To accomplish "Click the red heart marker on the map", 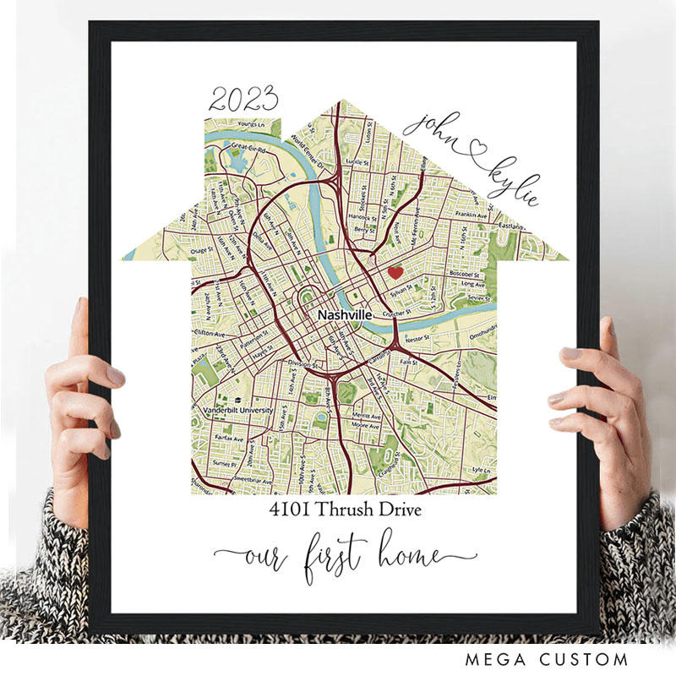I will (x=395, y=272).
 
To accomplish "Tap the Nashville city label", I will (x=344, y=314).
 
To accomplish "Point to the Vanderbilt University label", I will (x=238, y=410).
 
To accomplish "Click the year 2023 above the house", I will (x=244, y=100).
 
